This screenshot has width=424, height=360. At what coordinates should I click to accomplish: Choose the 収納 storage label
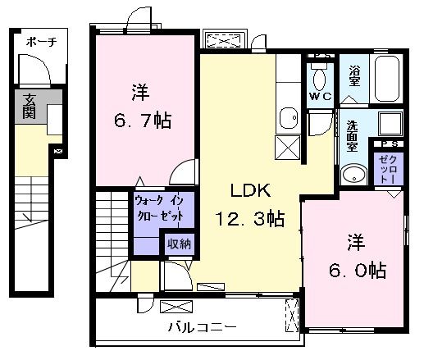click(x=179, y=244)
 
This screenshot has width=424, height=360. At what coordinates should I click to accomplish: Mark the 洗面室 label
click(x=353, y=135)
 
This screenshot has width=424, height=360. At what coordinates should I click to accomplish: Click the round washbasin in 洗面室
click(x=354, y=175)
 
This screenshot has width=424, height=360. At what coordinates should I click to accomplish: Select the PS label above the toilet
click(x=320, y=56)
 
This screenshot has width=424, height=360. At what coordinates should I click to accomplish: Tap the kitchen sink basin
click(x=288, y=119)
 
